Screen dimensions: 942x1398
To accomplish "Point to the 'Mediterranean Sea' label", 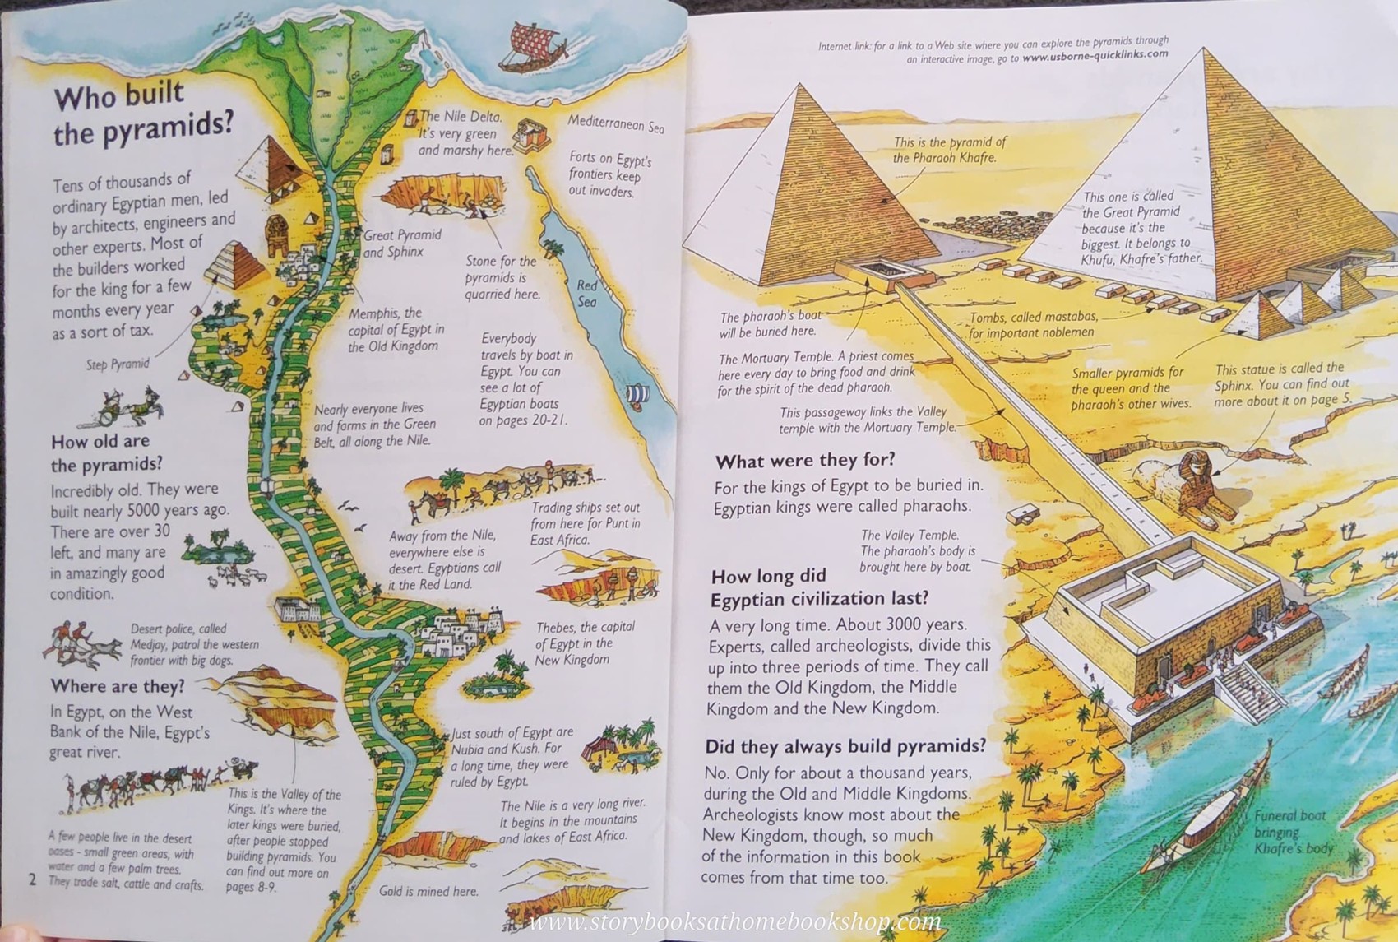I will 615,124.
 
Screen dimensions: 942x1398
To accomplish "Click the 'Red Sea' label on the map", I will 586,294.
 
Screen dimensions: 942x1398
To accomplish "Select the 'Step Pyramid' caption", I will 118,364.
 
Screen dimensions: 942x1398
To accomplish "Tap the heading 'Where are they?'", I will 117,686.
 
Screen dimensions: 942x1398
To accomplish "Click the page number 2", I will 32,879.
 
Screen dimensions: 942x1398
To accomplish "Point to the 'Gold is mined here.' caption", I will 428,891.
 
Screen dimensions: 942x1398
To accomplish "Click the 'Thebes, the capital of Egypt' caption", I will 584,643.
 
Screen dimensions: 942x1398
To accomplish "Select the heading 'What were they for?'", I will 804,461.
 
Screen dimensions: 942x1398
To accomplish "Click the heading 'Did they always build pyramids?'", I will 845,746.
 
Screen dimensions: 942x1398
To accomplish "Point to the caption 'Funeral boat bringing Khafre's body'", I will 1293,831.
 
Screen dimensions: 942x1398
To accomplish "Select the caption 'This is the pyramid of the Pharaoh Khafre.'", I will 949,150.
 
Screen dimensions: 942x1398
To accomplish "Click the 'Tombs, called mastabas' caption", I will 1032,325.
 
